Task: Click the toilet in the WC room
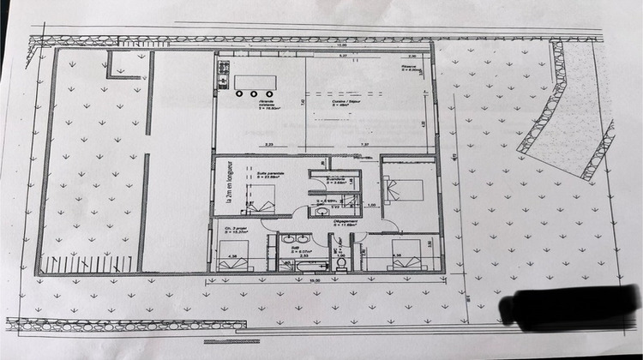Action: tap(341, 264)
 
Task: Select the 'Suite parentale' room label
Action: tap(272, 175)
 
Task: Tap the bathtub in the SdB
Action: tap(295, 267)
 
